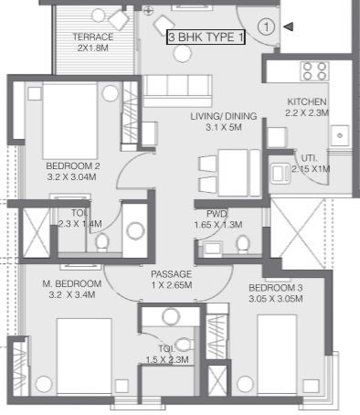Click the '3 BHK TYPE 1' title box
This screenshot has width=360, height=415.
click(206, 37)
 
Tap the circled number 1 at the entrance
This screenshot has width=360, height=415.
click(267, 27)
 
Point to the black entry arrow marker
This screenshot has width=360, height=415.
click(289, 27)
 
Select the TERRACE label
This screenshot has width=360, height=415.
click(93, 37)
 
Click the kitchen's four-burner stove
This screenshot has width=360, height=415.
click(314, 71)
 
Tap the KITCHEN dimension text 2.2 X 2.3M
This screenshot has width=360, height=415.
click(307, 113)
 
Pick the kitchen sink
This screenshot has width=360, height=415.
click(340, 135)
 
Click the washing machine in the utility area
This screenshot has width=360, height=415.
click(280, 174)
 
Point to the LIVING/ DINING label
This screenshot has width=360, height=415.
click(224, 116)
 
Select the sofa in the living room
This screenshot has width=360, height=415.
click(177, 90)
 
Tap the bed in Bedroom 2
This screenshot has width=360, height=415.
click(70, 121)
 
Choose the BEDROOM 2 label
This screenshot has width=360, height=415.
click(73, 166)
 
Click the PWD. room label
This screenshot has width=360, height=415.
click(217, 214)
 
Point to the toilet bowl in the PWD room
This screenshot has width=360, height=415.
click(243, 244)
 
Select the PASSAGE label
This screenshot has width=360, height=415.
click(172, 274)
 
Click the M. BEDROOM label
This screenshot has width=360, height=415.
click(72, 283)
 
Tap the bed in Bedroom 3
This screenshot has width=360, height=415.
click(277, 355)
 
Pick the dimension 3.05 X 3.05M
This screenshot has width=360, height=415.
click(276, 299)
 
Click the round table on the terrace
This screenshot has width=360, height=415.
click(99, 16)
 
